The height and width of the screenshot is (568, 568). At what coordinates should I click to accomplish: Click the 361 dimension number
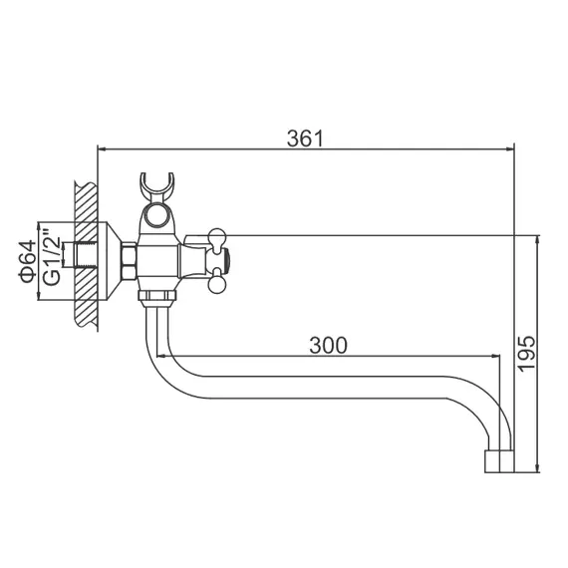305,139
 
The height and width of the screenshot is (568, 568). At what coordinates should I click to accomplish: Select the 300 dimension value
328,345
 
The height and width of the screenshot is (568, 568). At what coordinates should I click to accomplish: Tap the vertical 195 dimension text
527,354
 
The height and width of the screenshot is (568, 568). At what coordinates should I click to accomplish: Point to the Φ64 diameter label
29,262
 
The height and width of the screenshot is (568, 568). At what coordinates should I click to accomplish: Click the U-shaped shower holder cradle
157,186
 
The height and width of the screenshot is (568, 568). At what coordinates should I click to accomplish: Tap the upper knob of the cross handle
213,237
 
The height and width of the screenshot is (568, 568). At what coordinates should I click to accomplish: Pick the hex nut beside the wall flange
128,262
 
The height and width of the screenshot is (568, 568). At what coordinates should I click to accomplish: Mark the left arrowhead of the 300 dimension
171,357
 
